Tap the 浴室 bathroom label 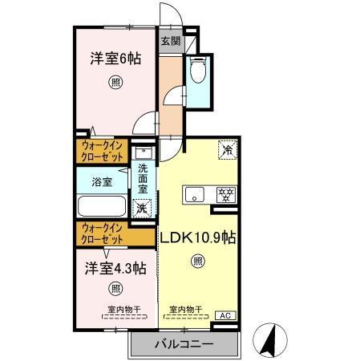click(x=102, y=181)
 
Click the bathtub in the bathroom click(x=101, y=206)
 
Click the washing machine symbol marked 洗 click(x=142, y=208)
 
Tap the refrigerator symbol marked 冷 click(x=229, y=150)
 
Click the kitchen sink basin click(x=196, y=194)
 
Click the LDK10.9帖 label click(x=197, y=237)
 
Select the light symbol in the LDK click(x=197, y=260)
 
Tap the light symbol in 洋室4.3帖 click(x=115, y=288)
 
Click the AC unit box click(x=227, y=315)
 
